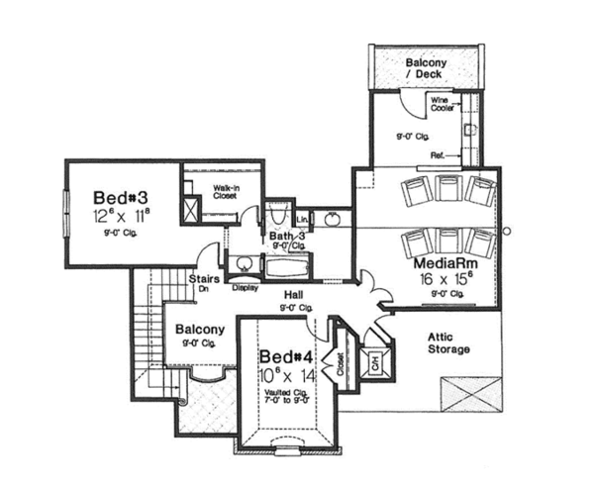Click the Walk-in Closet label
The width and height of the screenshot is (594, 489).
click(x=228, y=192)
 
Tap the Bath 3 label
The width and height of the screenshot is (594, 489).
click(x=288, y=237)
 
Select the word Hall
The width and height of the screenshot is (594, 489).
click(x=293, y=295)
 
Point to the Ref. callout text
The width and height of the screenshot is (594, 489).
click(x=437, y=155)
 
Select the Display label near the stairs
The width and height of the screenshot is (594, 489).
click(x=245, y=289)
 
